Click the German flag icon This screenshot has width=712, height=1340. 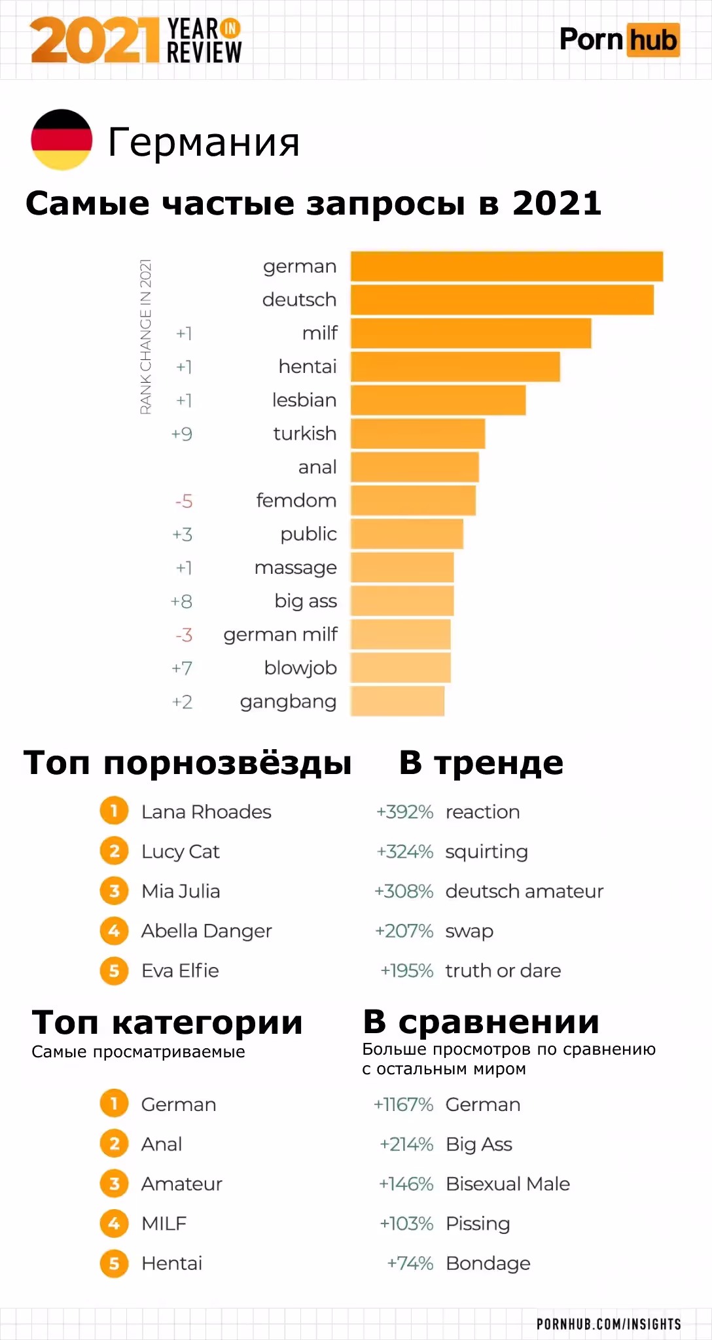[62, 139]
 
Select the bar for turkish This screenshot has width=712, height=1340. [418, 434]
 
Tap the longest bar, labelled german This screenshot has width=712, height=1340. [507, 266]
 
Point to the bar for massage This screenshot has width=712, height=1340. [402, 567]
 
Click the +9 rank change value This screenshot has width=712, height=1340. [182, 434]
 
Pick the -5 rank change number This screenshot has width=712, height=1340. [184, 501]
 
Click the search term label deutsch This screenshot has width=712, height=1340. [299, 300]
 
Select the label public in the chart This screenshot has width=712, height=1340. [308, 534]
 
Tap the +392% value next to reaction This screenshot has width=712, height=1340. [404, 812]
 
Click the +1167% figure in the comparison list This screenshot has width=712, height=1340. [403, 1104]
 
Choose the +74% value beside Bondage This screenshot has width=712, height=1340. [410, 1263]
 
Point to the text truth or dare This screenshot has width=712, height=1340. [503, 970]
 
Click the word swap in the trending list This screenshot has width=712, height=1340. [469, 931]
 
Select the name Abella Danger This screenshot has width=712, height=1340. [206, 931]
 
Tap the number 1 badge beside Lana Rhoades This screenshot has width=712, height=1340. [114, 811]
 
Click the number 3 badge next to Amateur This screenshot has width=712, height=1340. [114, 1184]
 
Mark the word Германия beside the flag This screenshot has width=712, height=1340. [204, 142]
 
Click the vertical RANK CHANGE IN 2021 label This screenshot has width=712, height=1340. [146, 336]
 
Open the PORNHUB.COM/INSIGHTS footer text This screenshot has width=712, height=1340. [609, 1324]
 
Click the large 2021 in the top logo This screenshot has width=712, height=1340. [95, 41]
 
